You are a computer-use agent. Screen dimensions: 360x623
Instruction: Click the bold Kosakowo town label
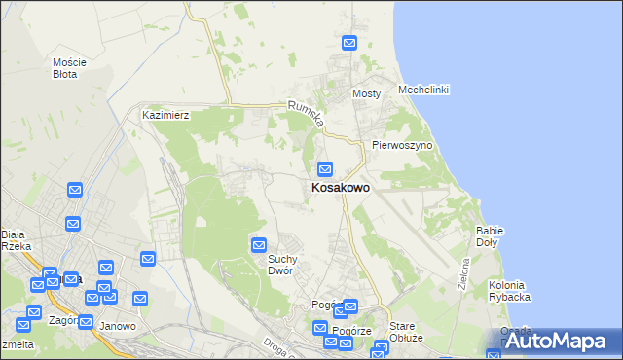pyautogui.click(x=340, y=188)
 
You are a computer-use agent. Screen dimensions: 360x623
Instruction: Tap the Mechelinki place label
pyautogui.click(x=423, y=90)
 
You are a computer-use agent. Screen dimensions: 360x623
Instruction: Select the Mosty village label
pyautogui.click(x=366, y=93)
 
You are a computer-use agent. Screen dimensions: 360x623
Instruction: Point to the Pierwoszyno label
pyautogui.click(x=401, y=145)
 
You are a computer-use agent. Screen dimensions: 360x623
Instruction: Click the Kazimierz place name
pyautogui.click(x=165, y=115)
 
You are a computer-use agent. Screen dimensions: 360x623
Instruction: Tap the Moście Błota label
pyautogui.click(x=70, y=67)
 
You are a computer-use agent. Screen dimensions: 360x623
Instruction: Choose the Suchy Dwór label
pyautogui.click(x=288, y=264)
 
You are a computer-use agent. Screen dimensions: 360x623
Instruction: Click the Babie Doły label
pyautogui.click(x=489, y=236)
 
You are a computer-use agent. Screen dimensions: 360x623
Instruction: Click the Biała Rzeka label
pyautogui.click(x=16, y=239)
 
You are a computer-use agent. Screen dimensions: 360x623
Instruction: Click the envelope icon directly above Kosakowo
pyautogui.click(x=326, y=168)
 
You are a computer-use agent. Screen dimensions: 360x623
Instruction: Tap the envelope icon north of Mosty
pyautogui.click(x=349, y=43)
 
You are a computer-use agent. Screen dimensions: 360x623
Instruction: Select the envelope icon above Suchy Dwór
pyautogui.click(x=259, y=244)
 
